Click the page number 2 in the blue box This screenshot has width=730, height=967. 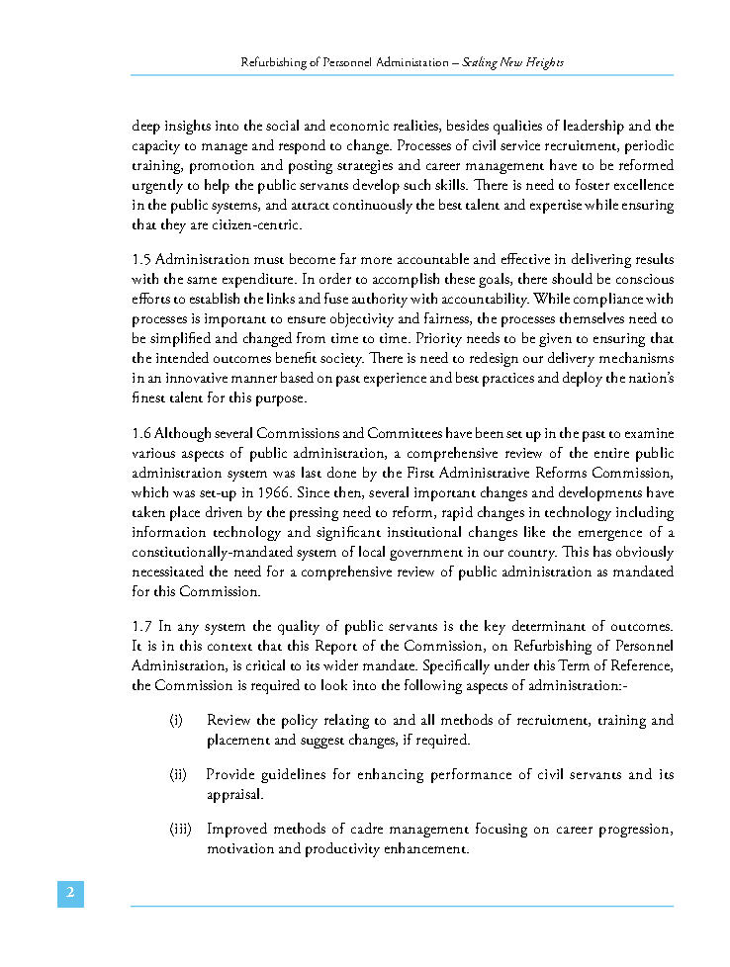tap(70, 894)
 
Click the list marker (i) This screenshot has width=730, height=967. tap(176, 721)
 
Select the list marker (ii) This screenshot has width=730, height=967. tap(178, 775)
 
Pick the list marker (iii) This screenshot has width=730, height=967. tap(180, 829)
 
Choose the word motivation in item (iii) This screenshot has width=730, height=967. tap(243, 848)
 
